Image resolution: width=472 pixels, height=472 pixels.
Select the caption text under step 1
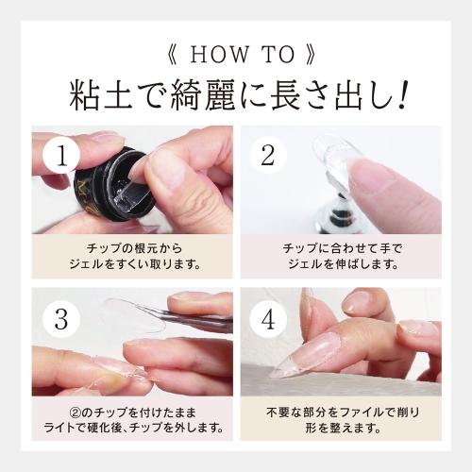pos(131,256)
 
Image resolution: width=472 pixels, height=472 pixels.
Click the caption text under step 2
pos(341,256)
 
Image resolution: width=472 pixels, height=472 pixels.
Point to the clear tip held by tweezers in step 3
pos(132,312)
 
